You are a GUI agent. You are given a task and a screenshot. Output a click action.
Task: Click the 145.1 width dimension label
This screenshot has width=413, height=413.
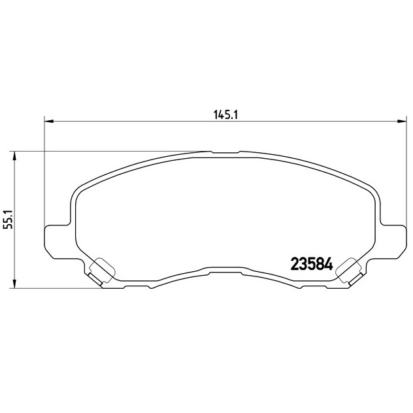[x=225, y=115]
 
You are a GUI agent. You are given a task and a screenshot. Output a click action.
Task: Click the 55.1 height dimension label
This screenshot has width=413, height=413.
[x=7, y=220]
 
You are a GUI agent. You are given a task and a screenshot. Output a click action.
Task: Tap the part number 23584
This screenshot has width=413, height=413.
[x=312, y=264]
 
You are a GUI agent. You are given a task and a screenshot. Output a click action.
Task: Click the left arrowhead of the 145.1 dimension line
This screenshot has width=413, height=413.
[x=49, y=121]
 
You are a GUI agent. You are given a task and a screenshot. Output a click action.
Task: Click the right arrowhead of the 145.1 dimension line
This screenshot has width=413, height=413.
[x=402, y=121]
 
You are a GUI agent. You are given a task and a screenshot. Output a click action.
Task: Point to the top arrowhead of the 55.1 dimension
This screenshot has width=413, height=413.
[x=15, y=156]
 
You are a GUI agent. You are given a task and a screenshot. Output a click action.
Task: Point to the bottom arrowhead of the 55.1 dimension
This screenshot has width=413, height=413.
[x=15, y=284]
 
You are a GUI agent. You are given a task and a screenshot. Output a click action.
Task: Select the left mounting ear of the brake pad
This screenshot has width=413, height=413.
[x=58, y=241]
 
